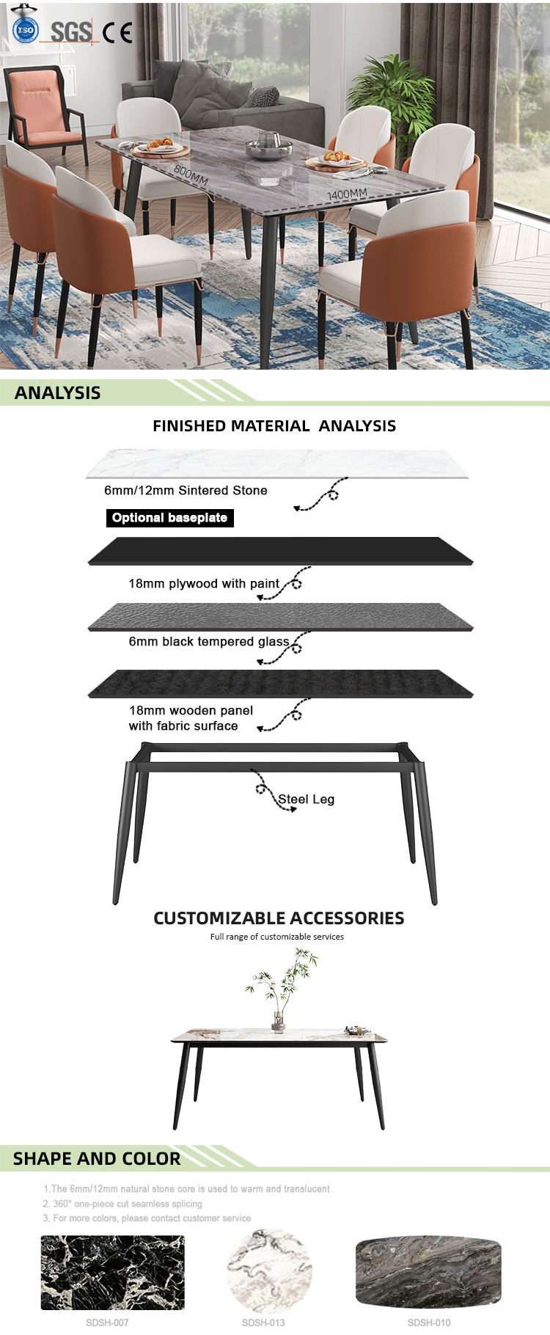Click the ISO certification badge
26,30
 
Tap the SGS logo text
71,32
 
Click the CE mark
117,32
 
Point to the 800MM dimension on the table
191,175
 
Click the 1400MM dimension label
348,194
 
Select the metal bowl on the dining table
269,145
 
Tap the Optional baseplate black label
170,518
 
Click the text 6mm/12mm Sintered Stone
186,490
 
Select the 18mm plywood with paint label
204,584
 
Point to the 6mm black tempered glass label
209,642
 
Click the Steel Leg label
306,799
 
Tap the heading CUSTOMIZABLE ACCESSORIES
279,918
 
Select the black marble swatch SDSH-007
112,1273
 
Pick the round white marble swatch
269,1273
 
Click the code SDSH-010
429,1323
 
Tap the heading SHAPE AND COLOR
97,1158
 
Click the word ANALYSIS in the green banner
58,392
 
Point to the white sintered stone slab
277,464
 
